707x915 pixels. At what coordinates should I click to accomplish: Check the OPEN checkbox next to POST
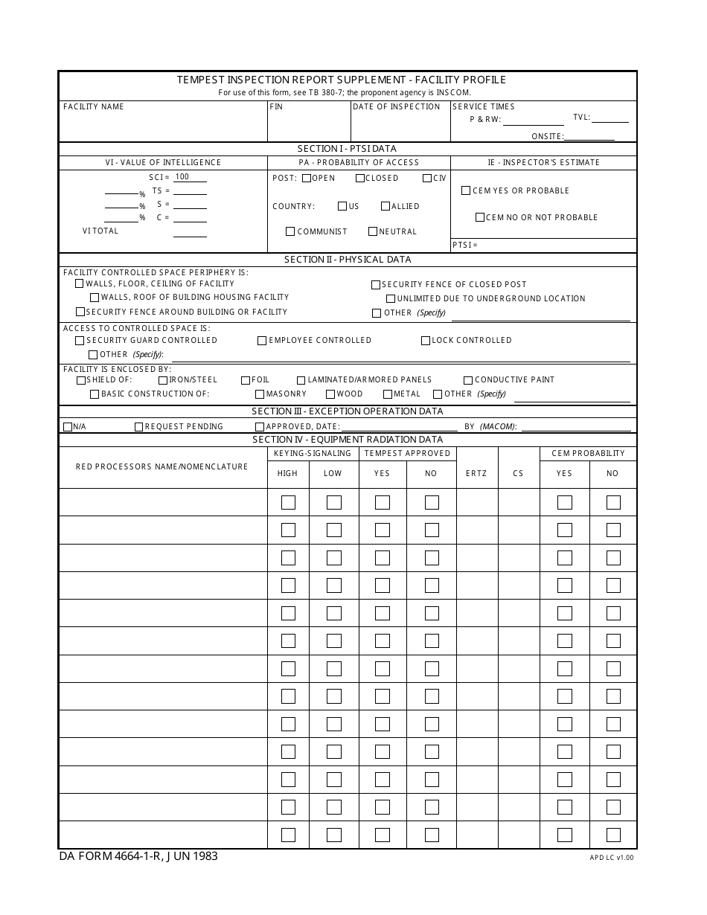(x=307, y=178)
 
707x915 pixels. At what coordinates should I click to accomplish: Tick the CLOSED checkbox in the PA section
(x=360, y=178)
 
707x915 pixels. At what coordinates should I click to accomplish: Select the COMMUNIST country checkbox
(x=291, y=231)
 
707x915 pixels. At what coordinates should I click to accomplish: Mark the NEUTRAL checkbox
(x=373, y=231)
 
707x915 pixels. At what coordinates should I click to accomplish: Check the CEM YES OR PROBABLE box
(x=466, y=190)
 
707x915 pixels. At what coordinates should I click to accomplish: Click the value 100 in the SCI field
(x=182, y=177)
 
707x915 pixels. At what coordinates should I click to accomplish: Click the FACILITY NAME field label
(x=93, y=107)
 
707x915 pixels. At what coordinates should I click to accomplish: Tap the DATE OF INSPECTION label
(x=396, y=107)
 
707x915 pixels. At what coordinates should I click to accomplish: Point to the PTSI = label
(x=464, y=245)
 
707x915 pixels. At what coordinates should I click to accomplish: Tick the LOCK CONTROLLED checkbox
(x=426, y=341)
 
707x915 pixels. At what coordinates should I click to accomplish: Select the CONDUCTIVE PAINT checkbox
(x=468, y=380)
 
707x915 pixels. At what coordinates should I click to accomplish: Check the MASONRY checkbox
(x=260, y=394)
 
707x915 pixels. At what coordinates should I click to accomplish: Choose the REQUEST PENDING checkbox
(x=139, y=427)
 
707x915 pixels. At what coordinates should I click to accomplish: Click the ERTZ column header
(x=476, y=474)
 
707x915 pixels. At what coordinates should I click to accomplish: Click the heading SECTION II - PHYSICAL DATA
(x=348, y=260)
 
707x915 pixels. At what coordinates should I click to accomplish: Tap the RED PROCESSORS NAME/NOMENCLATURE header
(x=162, y=467)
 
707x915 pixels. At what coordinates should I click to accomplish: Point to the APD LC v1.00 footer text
(x=612, y=858)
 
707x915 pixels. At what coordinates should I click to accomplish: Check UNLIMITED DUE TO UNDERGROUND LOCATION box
(x=390, y=299)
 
